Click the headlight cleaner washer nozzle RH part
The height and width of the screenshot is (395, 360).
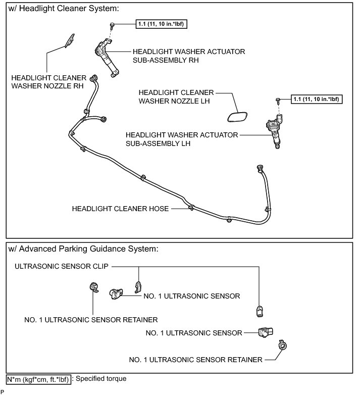[70, 40]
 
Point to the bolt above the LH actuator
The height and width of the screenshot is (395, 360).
[278, 101]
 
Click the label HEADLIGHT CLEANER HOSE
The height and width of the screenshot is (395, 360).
[121, 208]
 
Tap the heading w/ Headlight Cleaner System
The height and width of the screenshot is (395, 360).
[64, 9]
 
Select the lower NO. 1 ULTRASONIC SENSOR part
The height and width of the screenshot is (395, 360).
[265, 332]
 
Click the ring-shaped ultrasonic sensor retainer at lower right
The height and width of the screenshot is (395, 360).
[282, 347]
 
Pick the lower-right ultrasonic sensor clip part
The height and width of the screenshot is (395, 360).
[259, 311]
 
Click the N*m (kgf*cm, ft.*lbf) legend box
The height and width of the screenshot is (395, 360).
[38, 378]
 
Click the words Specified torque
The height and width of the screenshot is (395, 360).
[100, 378]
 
